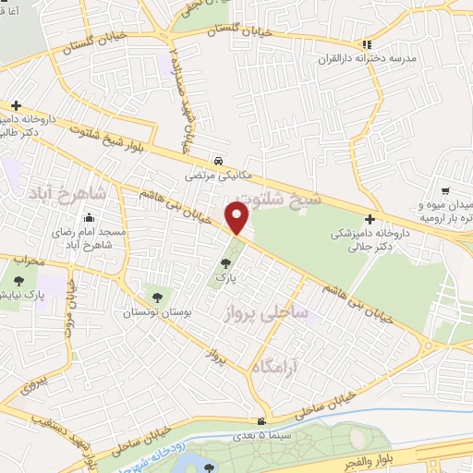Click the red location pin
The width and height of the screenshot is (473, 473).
point(236,219)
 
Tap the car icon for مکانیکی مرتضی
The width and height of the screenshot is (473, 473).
point(217,158)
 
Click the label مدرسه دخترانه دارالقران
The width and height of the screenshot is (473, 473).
point(403,57)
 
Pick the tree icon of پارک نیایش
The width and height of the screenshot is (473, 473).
point(18,280)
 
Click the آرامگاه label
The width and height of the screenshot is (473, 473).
point(276,369)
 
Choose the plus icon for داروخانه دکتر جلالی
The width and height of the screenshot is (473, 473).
point(370,219)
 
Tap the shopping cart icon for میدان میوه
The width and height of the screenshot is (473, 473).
point(445,190)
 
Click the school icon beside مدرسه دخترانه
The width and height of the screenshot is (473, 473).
point(367,43)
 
